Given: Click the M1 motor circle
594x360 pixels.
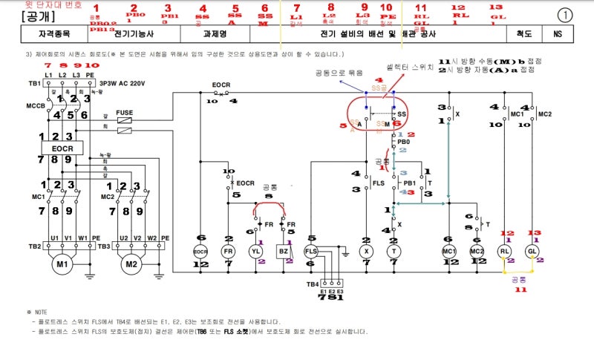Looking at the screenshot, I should point(59,264).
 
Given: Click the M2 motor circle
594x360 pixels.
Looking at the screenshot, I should point(131,264).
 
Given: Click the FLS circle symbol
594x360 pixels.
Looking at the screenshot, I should point(311,252).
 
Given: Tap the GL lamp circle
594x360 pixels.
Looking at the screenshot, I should point(532,251).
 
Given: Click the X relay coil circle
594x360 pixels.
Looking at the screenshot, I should point(366,252).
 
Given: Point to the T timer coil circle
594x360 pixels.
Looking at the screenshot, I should point(393,252).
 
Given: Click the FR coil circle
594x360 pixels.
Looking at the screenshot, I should point(228,252).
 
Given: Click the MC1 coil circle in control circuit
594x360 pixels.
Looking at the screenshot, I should point(448,252).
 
